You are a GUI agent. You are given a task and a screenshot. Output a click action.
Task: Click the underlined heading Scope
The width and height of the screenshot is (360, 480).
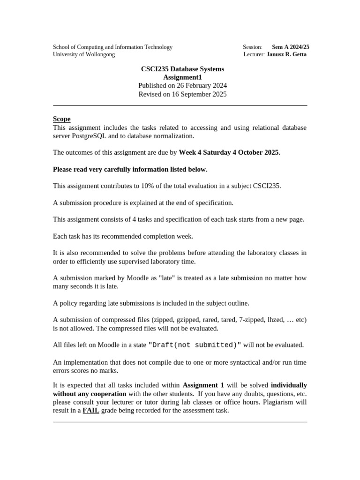tap(61, 119)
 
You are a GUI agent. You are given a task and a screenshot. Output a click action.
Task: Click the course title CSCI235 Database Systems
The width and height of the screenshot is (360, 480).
tap(182, 69)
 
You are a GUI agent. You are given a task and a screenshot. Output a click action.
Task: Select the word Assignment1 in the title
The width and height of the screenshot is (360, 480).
tap(182, 77)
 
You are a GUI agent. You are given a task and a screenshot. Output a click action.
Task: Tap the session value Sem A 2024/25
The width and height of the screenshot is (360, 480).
tap(291, 47)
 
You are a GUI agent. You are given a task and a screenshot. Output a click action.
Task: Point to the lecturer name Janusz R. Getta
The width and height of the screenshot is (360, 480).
tap(287, 54)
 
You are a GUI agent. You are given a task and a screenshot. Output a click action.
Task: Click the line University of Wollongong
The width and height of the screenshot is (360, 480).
tap(84, 54)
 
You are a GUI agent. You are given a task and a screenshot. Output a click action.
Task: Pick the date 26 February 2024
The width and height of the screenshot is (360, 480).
tap(202, 85)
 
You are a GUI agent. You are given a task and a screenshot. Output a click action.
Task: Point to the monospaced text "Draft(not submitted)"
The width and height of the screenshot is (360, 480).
tap(195, 345)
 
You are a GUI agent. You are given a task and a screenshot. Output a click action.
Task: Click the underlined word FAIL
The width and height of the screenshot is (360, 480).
tap(91, 411)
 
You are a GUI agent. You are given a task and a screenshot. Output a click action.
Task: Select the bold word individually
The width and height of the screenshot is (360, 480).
tap(289, 385)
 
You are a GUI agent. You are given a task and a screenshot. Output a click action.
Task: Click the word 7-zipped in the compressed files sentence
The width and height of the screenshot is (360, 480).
tap(250, 320)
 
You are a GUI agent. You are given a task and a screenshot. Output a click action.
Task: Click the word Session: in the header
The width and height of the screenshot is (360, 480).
tap(253, 47)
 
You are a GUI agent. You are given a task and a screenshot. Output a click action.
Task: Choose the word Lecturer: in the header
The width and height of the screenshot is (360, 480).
tap(254, 54)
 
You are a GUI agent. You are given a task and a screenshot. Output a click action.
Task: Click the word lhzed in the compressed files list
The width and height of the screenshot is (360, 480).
tap(275, 320)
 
